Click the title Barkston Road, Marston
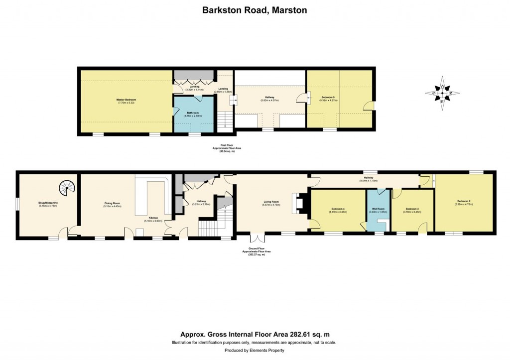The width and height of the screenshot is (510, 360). coord(255,9)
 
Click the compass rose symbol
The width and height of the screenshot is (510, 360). coord(442,93)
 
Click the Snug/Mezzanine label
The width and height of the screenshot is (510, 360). coord(48,203)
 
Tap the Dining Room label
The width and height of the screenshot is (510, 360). coord(112,204)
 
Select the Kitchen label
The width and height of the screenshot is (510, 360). coord(151,220)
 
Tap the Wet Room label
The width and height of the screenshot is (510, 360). coord(378,210)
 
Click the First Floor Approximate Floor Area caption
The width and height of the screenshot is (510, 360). coord(223,148)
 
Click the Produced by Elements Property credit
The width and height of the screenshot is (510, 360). coord(255,351)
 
